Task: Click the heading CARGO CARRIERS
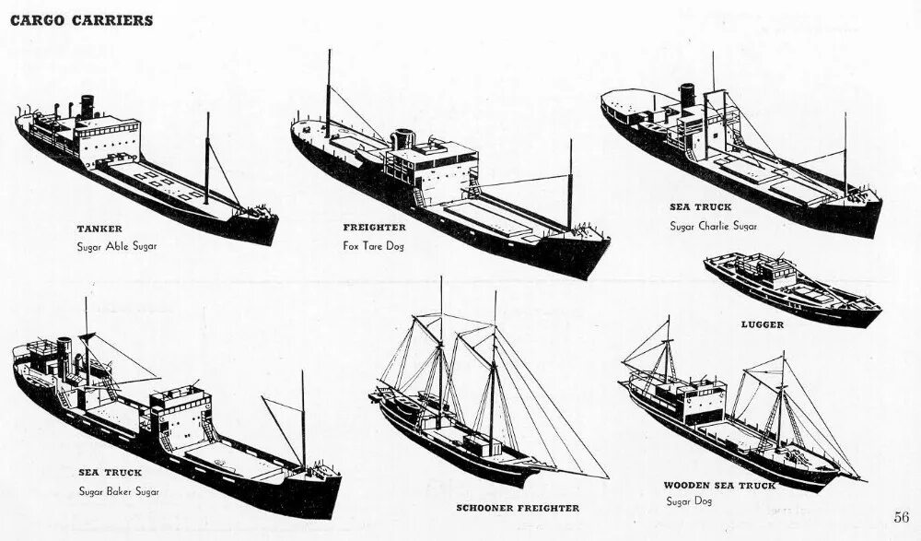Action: pos(81,20)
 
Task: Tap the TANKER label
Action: pos(99,228)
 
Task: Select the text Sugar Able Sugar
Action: pos(116,246)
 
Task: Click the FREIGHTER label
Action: pos(374,227)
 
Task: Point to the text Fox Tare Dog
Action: pos(373,245)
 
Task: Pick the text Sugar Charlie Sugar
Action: pos(714,226)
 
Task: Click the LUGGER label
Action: pos(762,324)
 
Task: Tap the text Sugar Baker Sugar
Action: pos(119,491)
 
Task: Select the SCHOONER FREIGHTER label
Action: pos(518,508)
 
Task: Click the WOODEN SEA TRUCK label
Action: pos(719,485)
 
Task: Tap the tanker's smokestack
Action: pos(87,107)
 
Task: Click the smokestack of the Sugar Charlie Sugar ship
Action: pos(687,95)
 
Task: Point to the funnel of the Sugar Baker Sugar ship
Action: pos(64,351)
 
